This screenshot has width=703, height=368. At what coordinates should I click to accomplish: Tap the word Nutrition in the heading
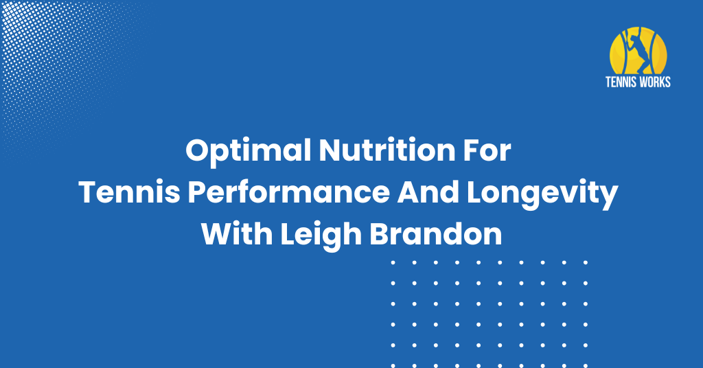(x=387, y=150)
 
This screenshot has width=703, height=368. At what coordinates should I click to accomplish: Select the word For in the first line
(x=487, y=150)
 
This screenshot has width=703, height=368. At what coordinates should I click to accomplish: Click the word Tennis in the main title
(x=130, y=192)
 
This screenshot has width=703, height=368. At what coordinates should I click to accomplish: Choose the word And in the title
(x=428, y=192)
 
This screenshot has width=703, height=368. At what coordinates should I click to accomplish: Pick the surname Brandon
(x=435, y=234)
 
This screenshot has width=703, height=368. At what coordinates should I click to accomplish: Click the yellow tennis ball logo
(x=638, y=51)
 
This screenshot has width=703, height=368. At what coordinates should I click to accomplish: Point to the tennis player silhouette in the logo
(x=638, y=50)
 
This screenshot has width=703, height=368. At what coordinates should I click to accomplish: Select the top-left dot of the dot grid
(x=393, y=263)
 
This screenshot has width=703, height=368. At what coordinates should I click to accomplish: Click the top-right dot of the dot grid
(x=586, y=263)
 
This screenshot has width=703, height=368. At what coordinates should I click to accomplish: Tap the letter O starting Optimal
(x=198, y=150)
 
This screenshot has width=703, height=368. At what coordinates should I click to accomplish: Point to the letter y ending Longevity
(x=608, y=198)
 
